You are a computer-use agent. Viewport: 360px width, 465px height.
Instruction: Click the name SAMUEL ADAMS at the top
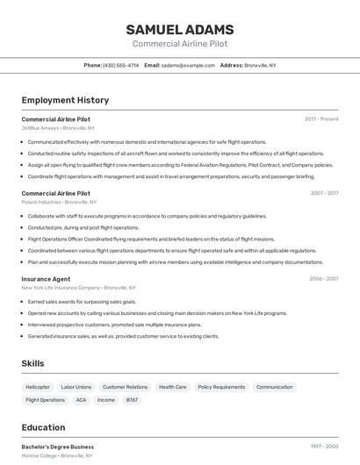[x=179, y=29]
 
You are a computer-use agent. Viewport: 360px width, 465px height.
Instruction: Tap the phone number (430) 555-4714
[x=120, y=66]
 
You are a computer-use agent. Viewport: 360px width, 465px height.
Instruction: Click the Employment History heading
[x=65, y=101]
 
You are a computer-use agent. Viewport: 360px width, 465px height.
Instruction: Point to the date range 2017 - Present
[x=321, y=118]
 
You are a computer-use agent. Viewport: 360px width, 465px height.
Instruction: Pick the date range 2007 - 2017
[x=324, y=193]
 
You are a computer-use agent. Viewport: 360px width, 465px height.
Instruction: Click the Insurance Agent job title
[x=46, y=279]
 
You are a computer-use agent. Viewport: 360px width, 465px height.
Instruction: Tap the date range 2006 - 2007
[x=324, y=279]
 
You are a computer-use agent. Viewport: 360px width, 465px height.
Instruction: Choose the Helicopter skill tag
[x=38, y=387]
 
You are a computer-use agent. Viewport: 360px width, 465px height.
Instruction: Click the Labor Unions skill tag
[x=76, y=387]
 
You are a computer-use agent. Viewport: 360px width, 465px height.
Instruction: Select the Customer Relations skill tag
[x=125, y=387]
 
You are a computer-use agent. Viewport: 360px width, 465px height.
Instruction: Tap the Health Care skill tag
[x=172, y=387]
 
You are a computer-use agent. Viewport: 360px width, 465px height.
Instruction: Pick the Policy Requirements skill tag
[x=221, y=387]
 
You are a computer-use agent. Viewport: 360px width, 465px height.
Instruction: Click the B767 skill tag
[x=132, y=400]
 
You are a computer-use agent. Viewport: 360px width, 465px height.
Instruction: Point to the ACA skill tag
[x=81, y=400]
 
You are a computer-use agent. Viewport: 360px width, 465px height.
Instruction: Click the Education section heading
[x=43, y=427]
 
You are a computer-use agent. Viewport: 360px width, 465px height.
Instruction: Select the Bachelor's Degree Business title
[x=57, y=447]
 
